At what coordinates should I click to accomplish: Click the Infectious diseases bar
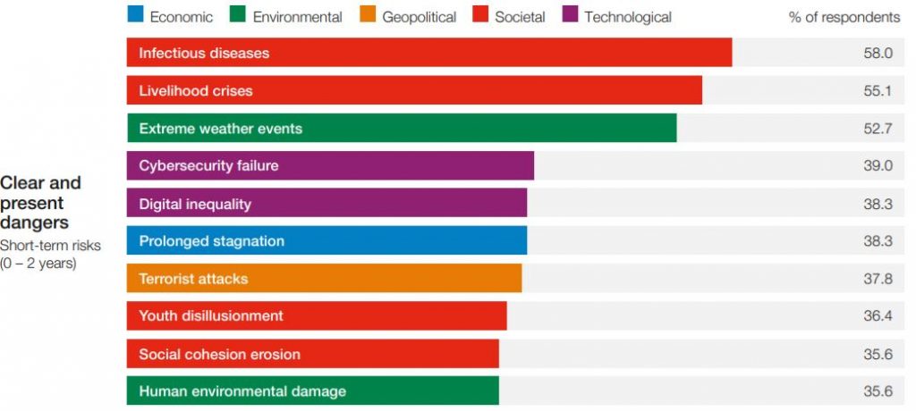[429, 53]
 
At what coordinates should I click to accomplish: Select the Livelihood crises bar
[414, 90]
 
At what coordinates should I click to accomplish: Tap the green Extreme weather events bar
[402, 128]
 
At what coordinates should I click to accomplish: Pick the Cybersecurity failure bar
[330, 166]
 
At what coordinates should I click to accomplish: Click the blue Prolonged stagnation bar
[327, 241]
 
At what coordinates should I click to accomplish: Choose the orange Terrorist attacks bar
[324, 279]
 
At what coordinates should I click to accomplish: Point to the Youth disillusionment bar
[317, 316]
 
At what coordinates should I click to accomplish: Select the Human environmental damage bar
[313, 391]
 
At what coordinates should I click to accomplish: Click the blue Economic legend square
[135, 15]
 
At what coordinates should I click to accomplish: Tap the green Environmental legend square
[238, 15]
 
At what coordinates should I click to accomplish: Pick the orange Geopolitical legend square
[367, 15]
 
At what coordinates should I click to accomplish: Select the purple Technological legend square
[569, 15]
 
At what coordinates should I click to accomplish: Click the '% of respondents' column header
[844, 17]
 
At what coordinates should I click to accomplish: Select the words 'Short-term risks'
[50, 245]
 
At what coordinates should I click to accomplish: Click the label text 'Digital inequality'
[195, 204]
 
